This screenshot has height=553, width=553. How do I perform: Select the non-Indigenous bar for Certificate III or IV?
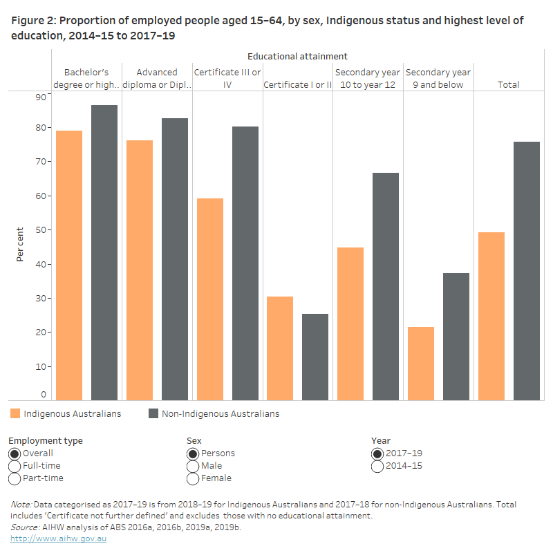(245, 263)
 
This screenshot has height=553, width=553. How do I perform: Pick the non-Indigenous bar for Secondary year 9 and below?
(456, 336)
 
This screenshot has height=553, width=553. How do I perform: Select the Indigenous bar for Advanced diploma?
(140, 270)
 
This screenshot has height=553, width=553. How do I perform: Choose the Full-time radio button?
(15, 467)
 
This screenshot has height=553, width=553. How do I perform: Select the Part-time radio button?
(15, 479)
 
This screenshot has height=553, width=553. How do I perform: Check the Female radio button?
(193, 479)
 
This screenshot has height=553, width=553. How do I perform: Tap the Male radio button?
(193, 467)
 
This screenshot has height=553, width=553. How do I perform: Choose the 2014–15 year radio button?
(378, 467)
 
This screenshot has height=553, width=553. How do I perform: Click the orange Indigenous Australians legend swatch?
(15, 414)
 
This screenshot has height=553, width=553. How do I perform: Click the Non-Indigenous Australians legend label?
(221, 414)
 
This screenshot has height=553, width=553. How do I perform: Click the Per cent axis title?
(20, 245)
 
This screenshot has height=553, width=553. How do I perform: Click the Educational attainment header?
(297, 56)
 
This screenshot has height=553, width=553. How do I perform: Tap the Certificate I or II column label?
(298, 85)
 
